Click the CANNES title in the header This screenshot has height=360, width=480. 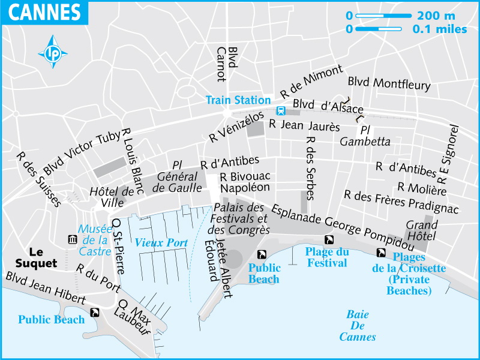click(45, 11)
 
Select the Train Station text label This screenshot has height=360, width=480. click(238, 100)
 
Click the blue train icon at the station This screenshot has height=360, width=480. click(280, 110)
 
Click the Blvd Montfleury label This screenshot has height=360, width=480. click(389, 83)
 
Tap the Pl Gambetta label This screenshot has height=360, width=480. click(365, 136)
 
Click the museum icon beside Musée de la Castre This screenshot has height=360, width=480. click(73, 240)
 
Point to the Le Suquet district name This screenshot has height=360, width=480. click(37, 257)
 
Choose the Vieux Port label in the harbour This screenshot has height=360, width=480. click(161, 242)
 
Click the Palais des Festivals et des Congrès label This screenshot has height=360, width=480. click(238, 218)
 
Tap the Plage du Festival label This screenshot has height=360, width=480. click(326, 257)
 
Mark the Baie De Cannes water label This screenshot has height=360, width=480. click(358, 326)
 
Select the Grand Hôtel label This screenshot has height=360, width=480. click(422, 231)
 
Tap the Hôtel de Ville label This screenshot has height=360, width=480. click(112, 197)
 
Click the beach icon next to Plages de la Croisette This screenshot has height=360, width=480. click(381, 253)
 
